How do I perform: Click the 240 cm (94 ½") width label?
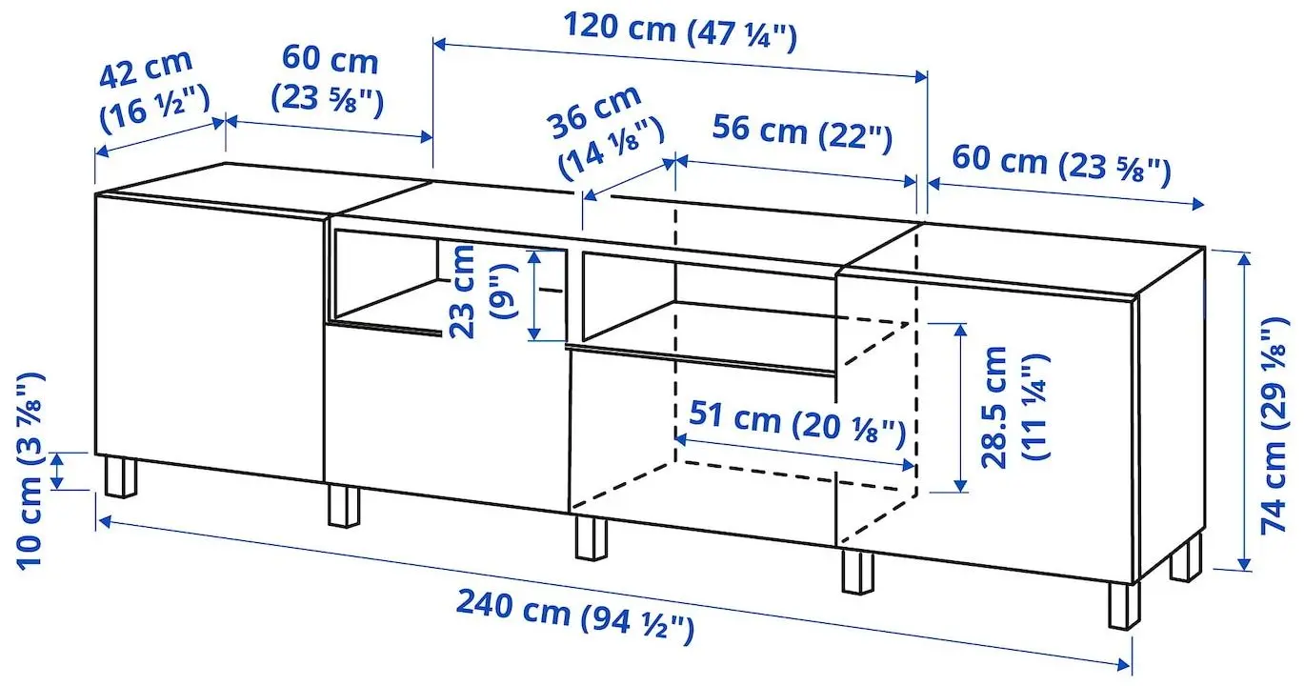[x=574, y=615]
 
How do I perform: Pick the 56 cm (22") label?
[x=801, y=132]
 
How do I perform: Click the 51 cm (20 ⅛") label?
[x=794, y=425]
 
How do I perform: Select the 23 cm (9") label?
[x=479, y=292]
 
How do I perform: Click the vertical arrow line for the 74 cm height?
[x=1244, y=410]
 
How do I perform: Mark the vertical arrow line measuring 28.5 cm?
[x=959, y=407]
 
